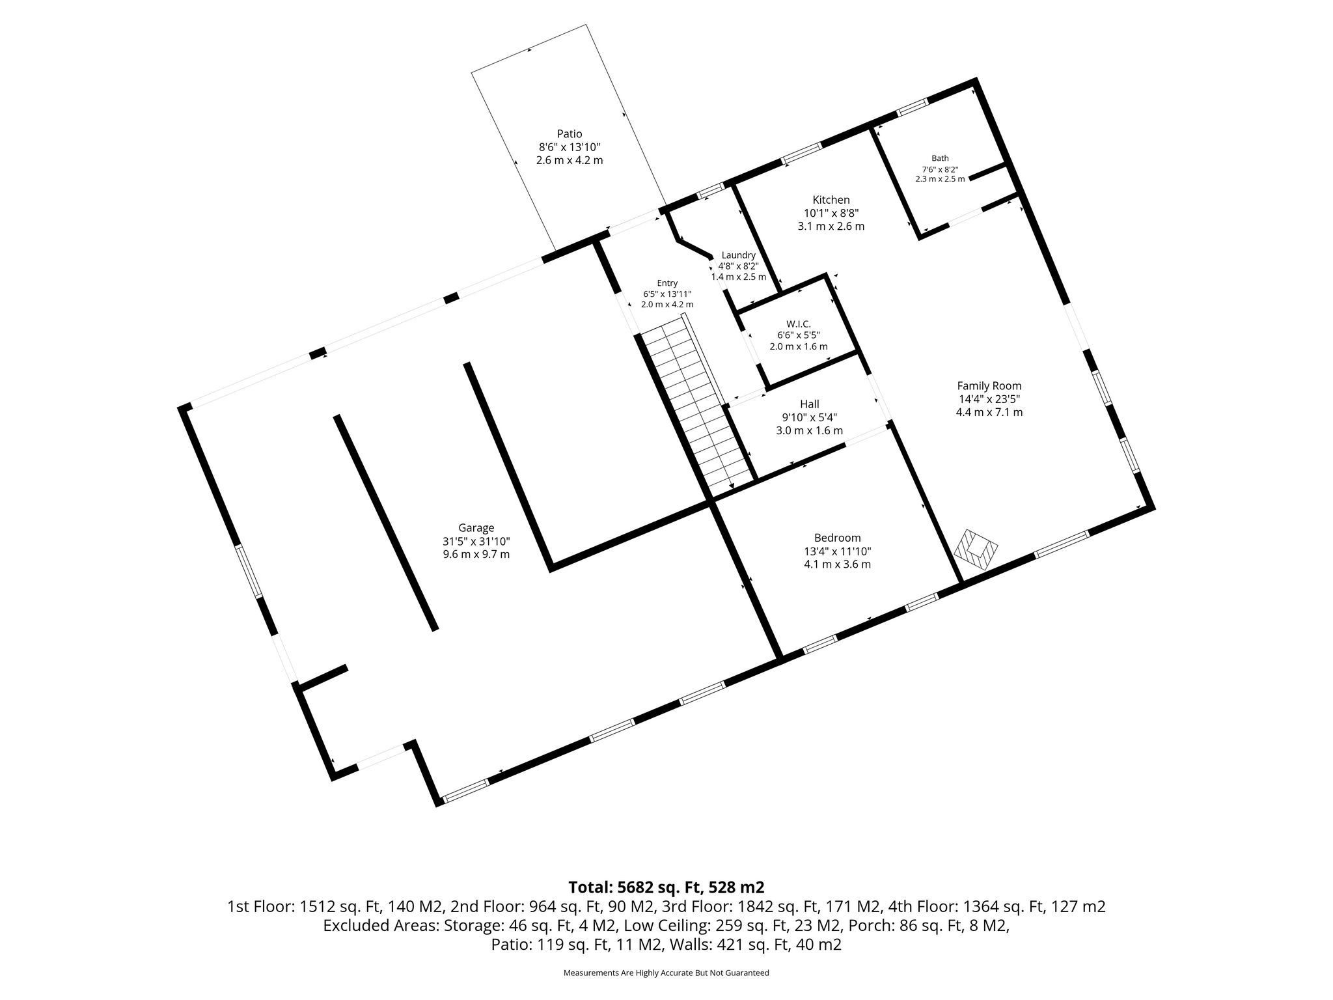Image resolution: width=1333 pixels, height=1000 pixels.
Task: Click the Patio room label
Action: pos(570,134)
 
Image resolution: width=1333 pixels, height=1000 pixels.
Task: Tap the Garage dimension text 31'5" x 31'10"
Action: pos(476,541)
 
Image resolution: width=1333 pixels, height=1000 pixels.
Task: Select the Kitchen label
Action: pos(831,200)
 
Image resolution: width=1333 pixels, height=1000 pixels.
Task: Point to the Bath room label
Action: pos(940,158)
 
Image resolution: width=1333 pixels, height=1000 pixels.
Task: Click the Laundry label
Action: pos(738,255)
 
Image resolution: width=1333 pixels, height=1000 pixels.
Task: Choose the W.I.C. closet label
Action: pos(799,324)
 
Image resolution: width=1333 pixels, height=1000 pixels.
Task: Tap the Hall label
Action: pos(810,404)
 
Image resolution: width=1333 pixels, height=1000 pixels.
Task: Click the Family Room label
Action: pos(989,386)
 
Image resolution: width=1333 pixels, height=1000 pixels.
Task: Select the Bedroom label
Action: pos(838,538)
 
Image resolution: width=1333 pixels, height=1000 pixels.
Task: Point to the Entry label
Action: pos(667,283)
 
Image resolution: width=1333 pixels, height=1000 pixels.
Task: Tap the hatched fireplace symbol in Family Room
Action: pos(976,550)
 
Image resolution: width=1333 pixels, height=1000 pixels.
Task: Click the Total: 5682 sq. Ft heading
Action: pos(666,887)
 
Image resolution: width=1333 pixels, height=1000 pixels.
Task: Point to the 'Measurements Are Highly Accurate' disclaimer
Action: pos(666,973)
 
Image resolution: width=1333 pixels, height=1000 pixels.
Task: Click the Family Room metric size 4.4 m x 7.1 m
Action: pos(989,412)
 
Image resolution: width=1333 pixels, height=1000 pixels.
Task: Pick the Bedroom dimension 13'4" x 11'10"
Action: pos(838,551)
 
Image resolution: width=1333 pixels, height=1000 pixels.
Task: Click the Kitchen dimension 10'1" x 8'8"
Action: pos(831,213)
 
